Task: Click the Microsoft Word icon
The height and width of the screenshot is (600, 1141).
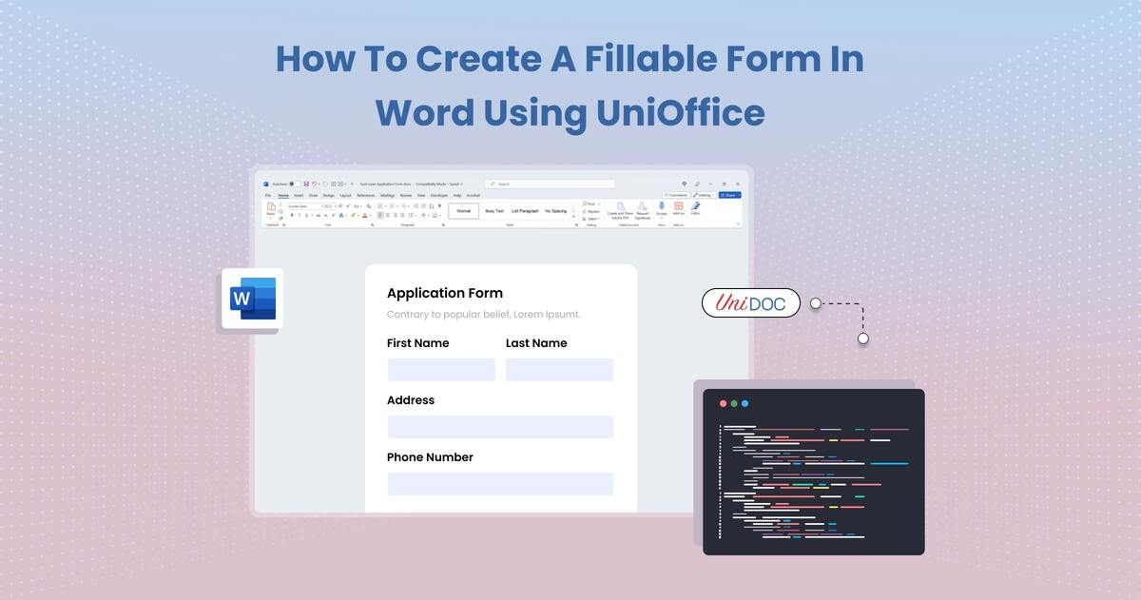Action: click(252, 299)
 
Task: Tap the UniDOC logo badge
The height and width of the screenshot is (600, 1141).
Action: click(750, 303)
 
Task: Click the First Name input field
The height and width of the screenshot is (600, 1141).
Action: click(441, 370)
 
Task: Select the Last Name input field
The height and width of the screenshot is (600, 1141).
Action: click(559, 370)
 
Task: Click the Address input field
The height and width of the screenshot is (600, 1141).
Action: click(500, 427)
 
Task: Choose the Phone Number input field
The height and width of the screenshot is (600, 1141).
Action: click(500, 484)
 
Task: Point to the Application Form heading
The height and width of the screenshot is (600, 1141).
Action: click(444, 293)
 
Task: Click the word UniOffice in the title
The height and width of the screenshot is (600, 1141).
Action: click(680, 113)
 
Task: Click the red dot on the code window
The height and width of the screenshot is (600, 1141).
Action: click(723, 403)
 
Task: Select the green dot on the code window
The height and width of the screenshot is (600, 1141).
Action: click(734, 403)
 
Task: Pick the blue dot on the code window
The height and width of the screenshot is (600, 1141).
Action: click(745, 403)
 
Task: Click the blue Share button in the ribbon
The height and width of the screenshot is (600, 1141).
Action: click(729, 195)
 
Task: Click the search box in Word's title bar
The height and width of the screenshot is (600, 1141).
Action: click(550, 184)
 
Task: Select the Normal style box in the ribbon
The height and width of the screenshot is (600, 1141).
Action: click(463, 211)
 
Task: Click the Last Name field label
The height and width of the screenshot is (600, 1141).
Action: click(536, 343)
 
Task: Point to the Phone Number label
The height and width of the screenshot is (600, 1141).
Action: click(430, 457)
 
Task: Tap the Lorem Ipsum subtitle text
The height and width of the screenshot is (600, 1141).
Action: click(483, 315)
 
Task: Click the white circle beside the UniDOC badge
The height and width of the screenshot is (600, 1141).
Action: click(815, 303)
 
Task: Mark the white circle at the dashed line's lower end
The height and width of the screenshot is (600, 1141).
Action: click(862, 338)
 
